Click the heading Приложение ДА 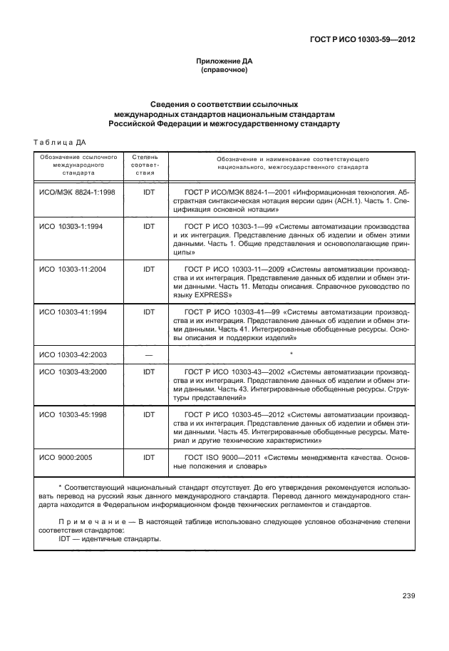click(224, 62)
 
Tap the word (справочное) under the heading click(224, 71)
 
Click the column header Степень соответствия click(145, 164)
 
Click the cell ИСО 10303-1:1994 click(70, 226)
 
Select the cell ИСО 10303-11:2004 click(71, 268)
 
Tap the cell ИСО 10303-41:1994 click(71, 312)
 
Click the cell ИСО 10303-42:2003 click(71, 354)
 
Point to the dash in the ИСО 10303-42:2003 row click(149, 354)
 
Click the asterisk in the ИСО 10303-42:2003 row click(291, 353)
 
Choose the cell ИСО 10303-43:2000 click(71, 371)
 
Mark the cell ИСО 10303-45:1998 click(71, 414)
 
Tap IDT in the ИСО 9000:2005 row click(149, 456)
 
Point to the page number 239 click(408, 596)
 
